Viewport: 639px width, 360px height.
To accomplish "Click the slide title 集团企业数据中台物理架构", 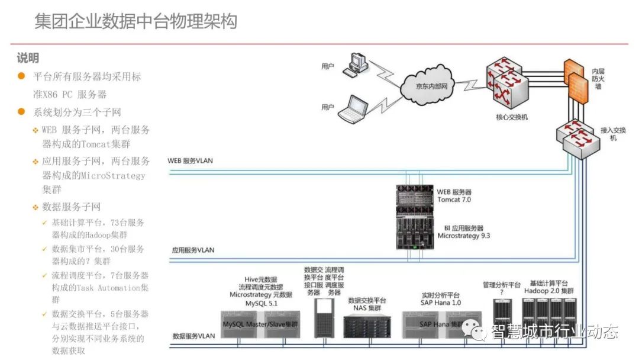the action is click(135, 21).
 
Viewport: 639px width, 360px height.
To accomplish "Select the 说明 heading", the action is click(28, 57).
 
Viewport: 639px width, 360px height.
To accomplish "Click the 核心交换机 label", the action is click(511, 117).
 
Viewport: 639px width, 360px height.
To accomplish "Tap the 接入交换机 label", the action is click(613, 133).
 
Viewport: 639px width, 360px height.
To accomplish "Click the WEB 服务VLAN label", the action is click(191, 160).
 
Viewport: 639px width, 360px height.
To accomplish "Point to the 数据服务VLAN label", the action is click(193, 336).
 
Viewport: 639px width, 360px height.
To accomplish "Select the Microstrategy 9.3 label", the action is click(464, 236).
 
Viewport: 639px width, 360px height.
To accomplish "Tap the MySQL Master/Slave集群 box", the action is click(260, 324).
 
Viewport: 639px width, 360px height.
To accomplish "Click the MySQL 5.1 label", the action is click(261, 303).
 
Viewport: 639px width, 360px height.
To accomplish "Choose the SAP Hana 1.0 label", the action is click(441, 303).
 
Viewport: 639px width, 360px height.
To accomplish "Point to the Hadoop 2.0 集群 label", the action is click(548, 291).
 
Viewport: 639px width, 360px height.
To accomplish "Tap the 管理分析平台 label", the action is click(501, 285).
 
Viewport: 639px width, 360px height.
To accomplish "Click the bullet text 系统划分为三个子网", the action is click(78, 112).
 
